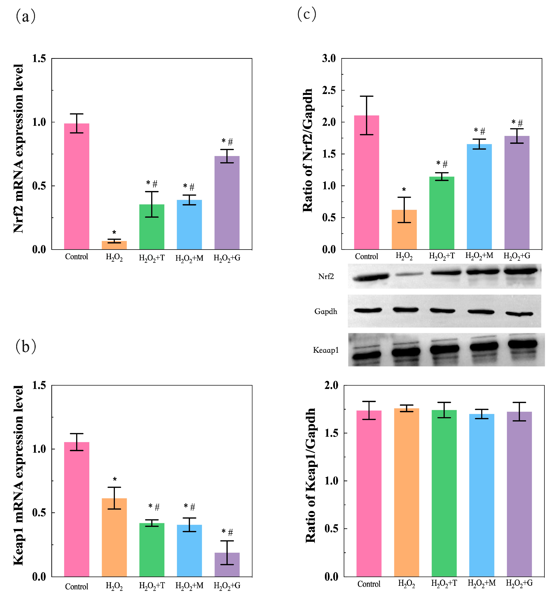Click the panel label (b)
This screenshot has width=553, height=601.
click(x=26, y=346)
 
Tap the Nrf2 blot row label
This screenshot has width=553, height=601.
click(x=326, y=276)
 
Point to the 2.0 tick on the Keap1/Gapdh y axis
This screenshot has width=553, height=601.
click(x=331, y=385)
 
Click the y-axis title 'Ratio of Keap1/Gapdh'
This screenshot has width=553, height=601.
click(x=310, y=476)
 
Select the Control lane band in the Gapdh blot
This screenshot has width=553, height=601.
click(x=368, y=310)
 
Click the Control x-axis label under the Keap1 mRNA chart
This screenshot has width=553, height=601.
click(x=77, y=587)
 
